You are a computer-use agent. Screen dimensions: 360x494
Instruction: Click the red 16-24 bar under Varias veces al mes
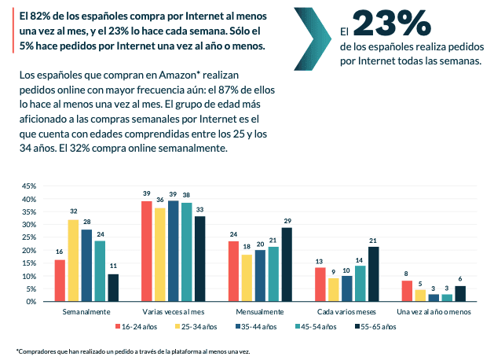point(146,251)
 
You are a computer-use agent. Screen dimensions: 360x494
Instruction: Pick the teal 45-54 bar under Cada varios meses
point(359,283)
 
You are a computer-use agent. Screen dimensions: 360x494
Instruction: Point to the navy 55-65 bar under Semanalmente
point(113,287)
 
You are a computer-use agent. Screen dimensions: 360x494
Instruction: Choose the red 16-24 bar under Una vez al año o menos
point(407,291)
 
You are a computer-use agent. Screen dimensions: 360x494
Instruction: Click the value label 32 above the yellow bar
point(73,212)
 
